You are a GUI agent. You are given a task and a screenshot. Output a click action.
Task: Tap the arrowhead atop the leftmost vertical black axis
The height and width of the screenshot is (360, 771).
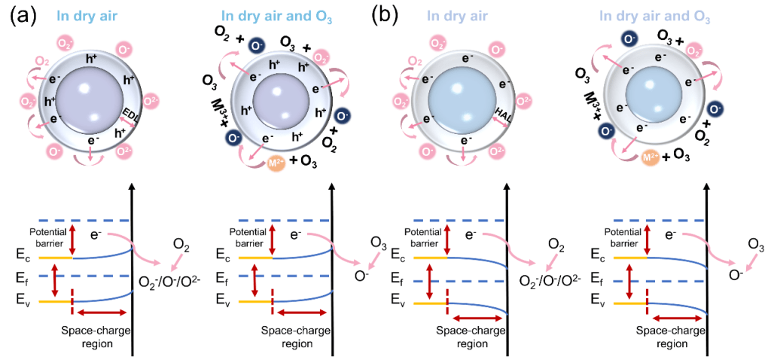coord(133,188)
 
